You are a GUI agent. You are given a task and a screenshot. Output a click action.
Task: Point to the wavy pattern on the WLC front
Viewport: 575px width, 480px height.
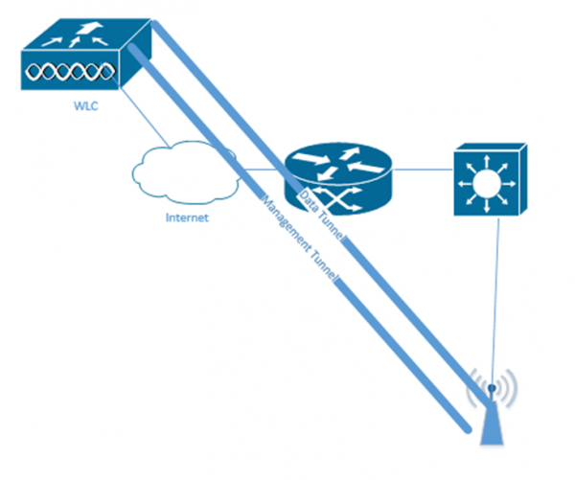coord(66,72)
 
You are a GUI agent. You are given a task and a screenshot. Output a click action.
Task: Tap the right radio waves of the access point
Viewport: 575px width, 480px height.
coord(509,388)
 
